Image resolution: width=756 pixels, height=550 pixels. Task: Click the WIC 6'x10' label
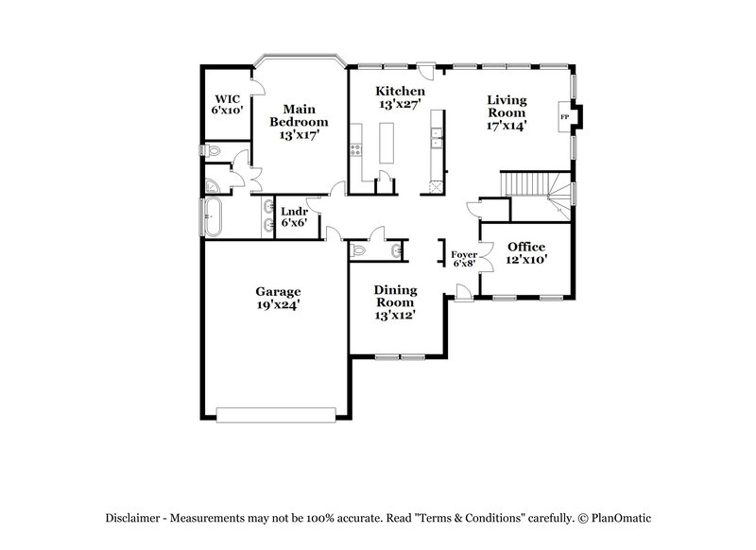pyautogui.click(x=228, y=105)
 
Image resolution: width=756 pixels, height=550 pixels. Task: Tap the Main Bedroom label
pyautogui.click(x=299, y=122)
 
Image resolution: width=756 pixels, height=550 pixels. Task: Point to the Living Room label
pyautogui.click(x=507, y=112)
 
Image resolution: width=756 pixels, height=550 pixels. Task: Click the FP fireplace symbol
pyautogui.click(x=566, y=117)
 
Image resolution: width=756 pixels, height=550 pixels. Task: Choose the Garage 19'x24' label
pyautogui.click(x=277, y=299)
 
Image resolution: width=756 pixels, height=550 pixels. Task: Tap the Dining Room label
pyautogui.click(x=395, y=302)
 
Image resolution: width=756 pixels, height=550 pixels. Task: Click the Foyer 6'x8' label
pyautogui.click(x=463, y=258)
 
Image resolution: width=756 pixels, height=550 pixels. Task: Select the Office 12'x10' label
pyautogui.click(x=526, y=252)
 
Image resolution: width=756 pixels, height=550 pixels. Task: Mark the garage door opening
pyautogui.click(x=276, y=413)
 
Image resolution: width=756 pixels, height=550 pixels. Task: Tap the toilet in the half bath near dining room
pyautogui.click(x=358, y=249)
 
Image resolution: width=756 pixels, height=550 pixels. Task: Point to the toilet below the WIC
pyautogui.click(x=215, y=151)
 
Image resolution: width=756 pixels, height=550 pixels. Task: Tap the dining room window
pyautogui.click(x=399, y=356)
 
